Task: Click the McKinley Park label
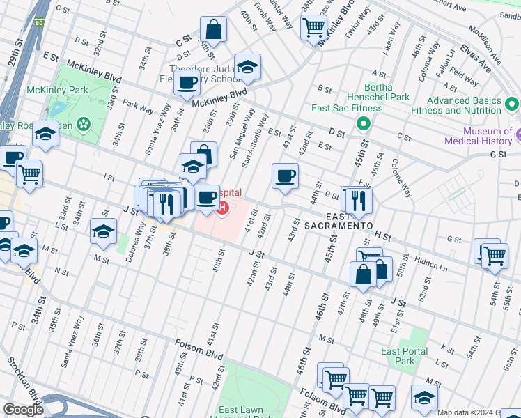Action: click(x=47, y=91)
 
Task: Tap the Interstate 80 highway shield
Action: click(x=40, y=22)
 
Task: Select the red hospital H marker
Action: click(x=222, y=207)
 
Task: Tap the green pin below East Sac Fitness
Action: click(x=363, y=125)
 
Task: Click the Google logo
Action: click(x=23, y=410)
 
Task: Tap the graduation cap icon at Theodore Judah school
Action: click(x=247, y=68)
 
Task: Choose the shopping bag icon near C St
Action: click(x=213, y=31)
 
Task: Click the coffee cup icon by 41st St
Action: click(x=284, y=176)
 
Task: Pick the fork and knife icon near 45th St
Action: click(x=359, y=201)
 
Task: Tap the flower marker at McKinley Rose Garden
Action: click(x=84, y=125)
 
